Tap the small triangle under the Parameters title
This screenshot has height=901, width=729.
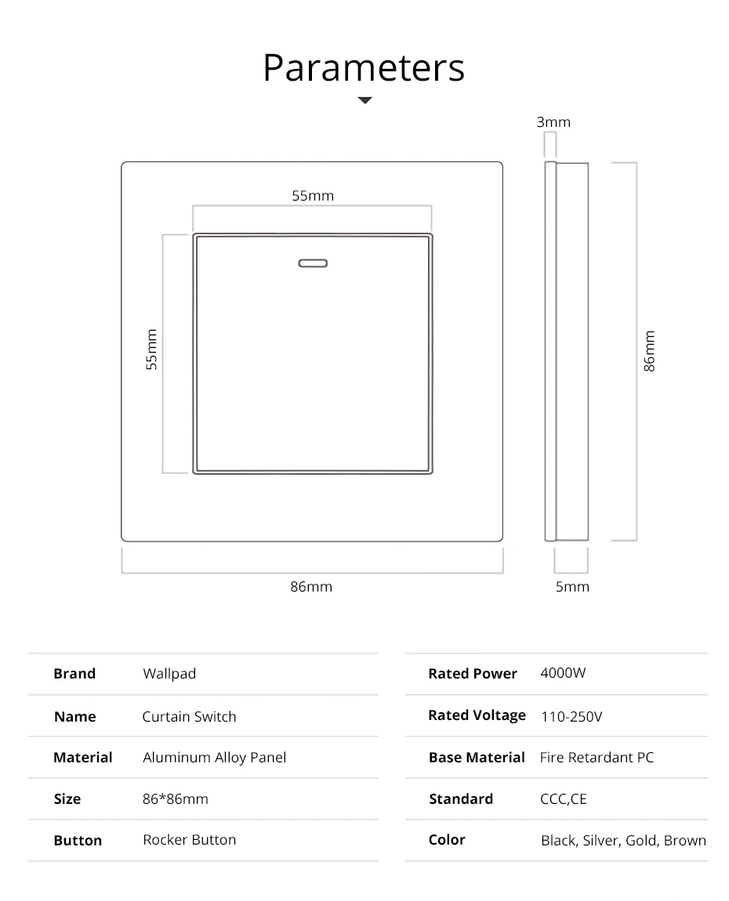click(x=364, y=100)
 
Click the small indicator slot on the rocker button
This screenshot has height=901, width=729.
click(x=312, y=263)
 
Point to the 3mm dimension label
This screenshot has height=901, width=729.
click(x=553, y=122)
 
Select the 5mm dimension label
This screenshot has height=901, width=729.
click(x=572, y=586)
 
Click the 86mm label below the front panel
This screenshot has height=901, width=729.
click(x=311, y=586)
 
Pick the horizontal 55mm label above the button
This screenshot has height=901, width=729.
click(x=313, y=196)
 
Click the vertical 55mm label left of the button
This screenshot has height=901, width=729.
click(x=152, y=349)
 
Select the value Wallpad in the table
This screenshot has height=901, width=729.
click(x=169, y=674)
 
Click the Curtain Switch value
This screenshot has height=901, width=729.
click(x=189, y=716)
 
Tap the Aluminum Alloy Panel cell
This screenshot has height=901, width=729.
click(x=214, y=758)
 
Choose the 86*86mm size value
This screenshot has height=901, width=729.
click(x=176, y=799)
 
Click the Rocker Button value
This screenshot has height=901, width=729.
click(x=189, y=840)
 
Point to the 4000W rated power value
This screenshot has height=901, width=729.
click(x=563, y=674)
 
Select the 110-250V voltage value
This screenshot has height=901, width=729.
click(x=571, y=716)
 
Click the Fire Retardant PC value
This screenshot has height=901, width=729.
click(x=597, y=758)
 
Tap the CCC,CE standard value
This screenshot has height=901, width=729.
click(x=563, y=799)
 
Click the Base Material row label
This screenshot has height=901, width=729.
click(x=477, y=758)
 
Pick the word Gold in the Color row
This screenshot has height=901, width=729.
click(x=641, y=841)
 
